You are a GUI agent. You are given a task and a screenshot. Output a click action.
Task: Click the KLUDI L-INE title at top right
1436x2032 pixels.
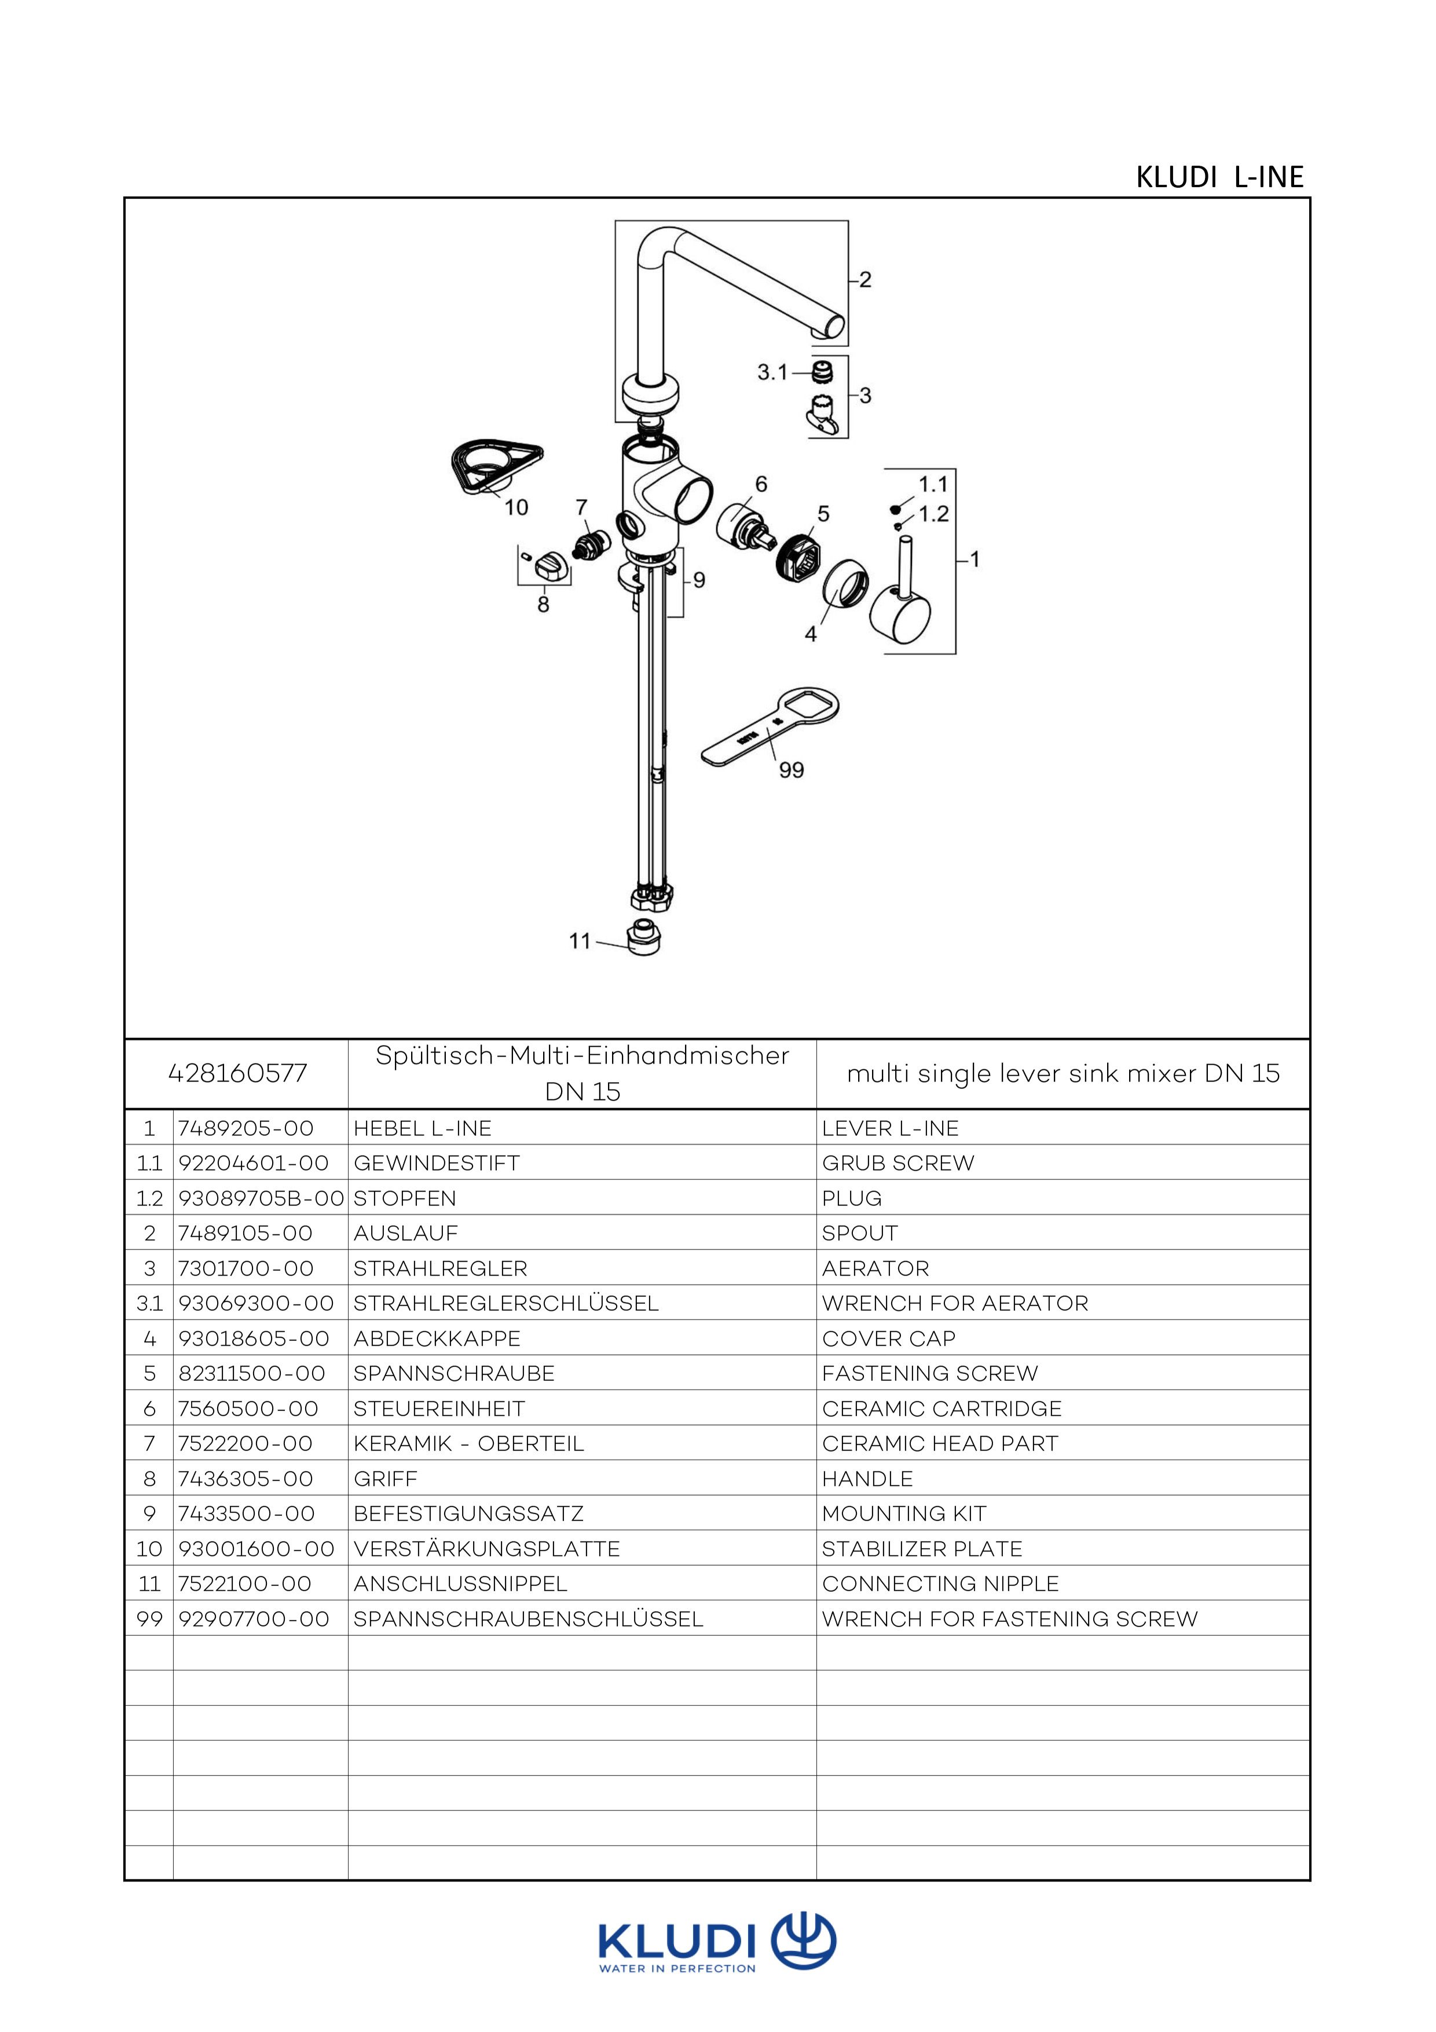point(1219,178)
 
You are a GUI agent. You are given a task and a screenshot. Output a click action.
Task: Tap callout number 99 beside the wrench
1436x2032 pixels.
point(791,770)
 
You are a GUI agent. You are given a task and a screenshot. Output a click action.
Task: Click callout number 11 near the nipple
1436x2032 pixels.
point(580,941)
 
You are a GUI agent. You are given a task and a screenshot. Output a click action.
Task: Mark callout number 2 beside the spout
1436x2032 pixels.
point(865,280)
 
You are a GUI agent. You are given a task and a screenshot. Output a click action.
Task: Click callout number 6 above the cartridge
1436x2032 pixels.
point(761,484)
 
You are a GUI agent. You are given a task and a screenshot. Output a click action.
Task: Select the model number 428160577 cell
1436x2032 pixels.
point(237,1073)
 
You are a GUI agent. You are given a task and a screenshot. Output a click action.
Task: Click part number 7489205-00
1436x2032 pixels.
point(246,1128)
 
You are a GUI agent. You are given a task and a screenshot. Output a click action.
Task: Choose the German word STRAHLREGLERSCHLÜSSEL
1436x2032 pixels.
point(505,1304)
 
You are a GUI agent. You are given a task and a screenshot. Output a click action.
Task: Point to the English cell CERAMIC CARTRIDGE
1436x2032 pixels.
point(942,1409)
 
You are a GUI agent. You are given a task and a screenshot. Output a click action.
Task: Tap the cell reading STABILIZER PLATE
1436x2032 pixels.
point(922,1549)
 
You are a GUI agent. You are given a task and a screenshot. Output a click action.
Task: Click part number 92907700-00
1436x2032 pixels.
point(254,1620)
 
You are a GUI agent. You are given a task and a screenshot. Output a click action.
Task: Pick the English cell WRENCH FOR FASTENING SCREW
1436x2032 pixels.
point(1009,1620)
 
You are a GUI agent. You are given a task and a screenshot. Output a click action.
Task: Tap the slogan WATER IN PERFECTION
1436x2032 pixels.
point(677,1969)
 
